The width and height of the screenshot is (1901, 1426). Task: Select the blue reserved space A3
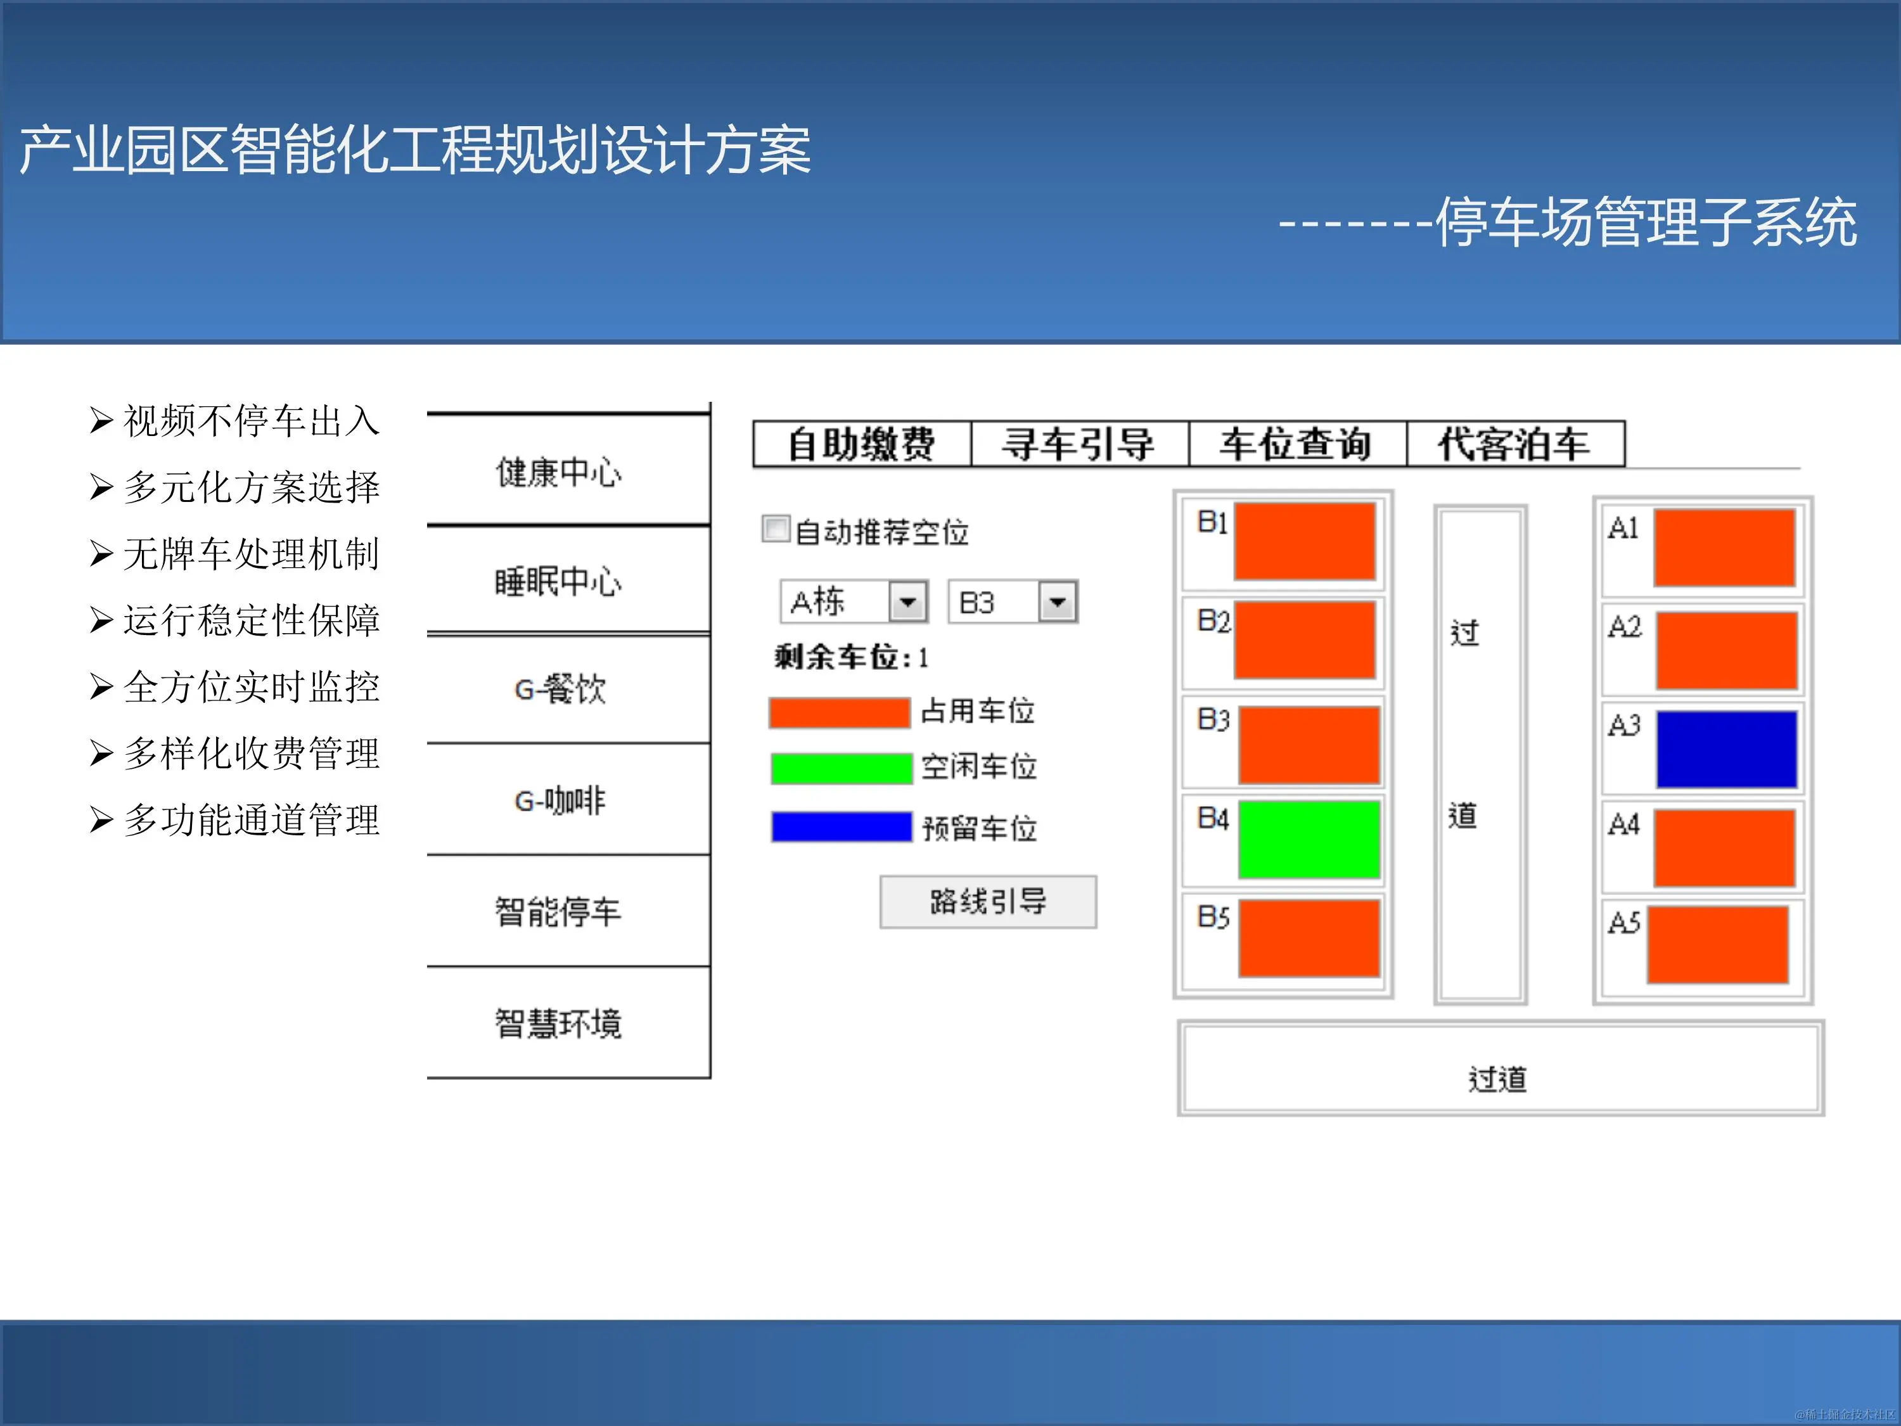[1725, 748]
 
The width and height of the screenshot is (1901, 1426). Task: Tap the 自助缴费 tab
[862, 444]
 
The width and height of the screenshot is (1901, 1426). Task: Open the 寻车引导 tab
[1079, 444]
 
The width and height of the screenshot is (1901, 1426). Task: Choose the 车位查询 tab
[1297, 444]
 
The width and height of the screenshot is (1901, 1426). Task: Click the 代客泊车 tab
[1514, 444]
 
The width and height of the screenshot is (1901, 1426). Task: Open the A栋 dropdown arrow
[907, 601]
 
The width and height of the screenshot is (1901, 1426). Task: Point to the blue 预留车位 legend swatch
[840, 827]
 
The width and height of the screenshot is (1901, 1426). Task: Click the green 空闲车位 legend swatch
[840, 768]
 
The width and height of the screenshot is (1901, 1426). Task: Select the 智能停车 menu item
[559, 911]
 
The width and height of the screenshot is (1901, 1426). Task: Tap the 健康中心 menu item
[559, 472]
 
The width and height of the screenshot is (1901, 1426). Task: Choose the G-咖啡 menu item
[559, 800]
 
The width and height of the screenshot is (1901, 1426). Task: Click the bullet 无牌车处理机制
[250, 553]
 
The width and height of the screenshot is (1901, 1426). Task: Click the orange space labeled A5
[1717, 944]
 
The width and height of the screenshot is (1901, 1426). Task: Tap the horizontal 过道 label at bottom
[1498, 1079]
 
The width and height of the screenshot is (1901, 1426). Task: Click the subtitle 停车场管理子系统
[1646, 222]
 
